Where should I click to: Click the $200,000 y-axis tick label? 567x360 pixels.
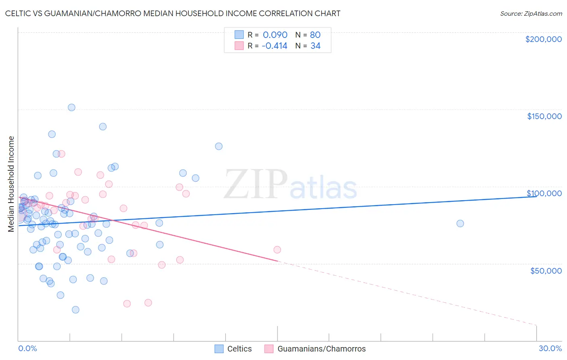pyautogui.click(x=543, y=39)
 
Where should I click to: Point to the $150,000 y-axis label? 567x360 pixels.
pyautogui.click(x=544, y=116)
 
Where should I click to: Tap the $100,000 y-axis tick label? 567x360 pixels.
pyautogui.click(x=544, y=193)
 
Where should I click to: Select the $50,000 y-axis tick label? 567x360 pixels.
pyautogui.click(x=546, y=270)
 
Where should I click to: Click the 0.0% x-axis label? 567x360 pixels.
pyautogui.click(x=27, y=348)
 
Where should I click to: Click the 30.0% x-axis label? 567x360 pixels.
pyautogui.click(x=550, y=348)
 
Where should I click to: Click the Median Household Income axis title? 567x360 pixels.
pyautogui.click(x=11, y=184)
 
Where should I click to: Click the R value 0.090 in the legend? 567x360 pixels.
pyautogui.click(x=275, y=35)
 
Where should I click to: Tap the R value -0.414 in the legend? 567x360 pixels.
pyautogui.click(x=274, y=46)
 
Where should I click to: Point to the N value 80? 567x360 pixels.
pyautogui.click(x=315, y=35)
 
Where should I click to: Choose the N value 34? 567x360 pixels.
pyautogui.click(x=315, y=46)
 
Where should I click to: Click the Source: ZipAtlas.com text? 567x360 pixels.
pyautogui.click(x=531, y=14)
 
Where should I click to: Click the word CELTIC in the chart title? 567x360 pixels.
pyautogui.click(x=19, y=14)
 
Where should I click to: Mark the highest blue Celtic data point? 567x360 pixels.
pyautogui.click(x=71, y=107)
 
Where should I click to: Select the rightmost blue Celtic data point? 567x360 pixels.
pyautogui.click(x=460, y=224)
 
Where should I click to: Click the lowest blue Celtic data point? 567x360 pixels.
pyautogui.click(x=75, y=310)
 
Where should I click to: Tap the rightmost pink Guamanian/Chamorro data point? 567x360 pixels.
pyautogui.click(x=277, y=250)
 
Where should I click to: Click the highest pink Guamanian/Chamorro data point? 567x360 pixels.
pyautogui.click(x=61, y=154)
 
